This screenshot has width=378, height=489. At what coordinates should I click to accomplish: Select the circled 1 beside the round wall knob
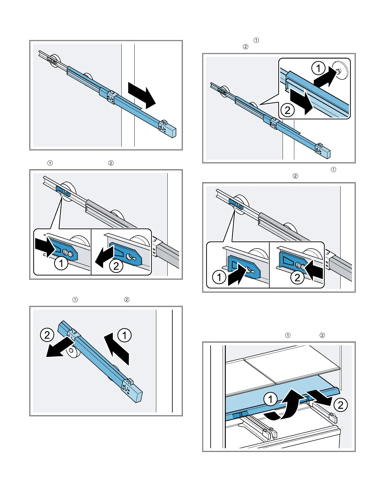coord(318,68)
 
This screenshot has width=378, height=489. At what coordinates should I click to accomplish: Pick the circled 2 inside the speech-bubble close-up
coord(288,110)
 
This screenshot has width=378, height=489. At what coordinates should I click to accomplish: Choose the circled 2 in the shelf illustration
coord(340,405)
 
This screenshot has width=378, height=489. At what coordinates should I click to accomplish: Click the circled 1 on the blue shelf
coord(271,399)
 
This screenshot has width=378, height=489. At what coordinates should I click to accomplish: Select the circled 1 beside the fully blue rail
coord(124,335)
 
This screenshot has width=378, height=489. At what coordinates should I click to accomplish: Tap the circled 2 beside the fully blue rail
coord(47,335)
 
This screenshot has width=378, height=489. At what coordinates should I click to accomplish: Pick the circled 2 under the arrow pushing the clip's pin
coord(297,278)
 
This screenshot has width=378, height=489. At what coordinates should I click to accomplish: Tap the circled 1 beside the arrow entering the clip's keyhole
coord(219,277)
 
